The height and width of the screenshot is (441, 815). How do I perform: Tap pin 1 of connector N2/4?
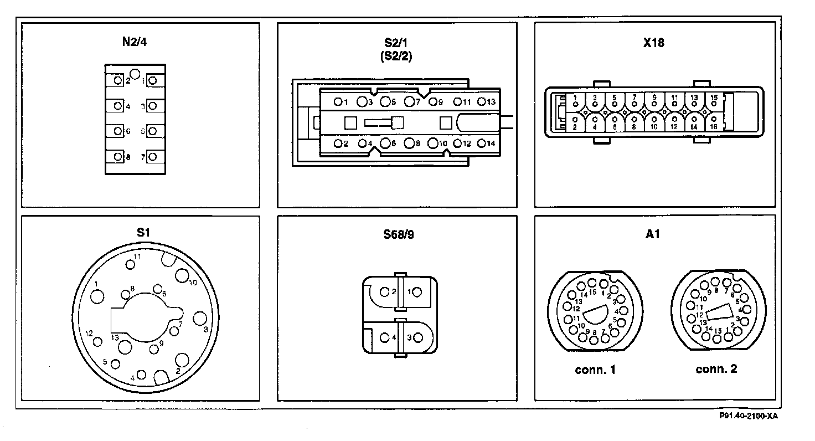(x=152, y=80)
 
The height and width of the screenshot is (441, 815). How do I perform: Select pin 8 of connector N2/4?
(x=118, y=157)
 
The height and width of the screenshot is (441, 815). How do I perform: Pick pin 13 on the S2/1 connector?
(x=482, y=101)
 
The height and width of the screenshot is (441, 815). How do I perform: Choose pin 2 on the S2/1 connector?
(x=338, y=143)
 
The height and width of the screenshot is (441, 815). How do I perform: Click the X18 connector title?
(x=654, y=42)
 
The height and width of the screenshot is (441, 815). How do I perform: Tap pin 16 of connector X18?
(x=714, y=119)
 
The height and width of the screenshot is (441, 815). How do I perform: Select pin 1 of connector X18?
(x=575, y=104)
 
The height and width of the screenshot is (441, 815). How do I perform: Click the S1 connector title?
(x=143, y=233)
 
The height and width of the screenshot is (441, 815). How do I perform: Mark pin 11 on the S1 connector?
(x=131, y=264)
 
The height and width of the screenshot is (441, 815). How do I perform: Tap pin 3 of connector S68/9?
(x=417, y=337)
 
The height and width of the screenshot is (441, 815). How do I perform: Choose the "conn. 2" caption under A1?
(x=716, y=369)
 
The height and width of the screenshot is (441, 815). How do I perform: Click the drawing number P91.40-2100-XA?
(x=749, y=416)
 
